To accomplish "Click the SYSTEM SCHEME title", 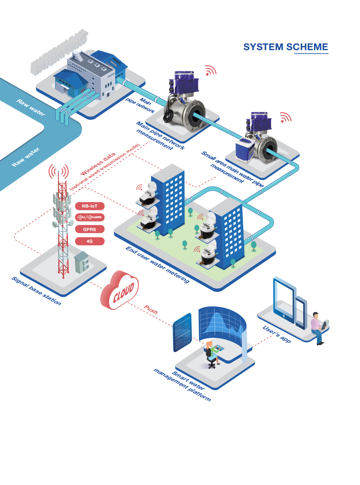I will tap(285, 47).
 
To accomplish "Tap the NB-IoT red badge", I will tap(90, 206).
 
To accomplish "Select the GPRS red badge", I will tap(90, 229).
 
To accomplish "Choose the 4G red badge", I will tap(90, 241).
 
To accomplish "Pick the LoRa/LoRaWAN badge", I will tap(90, 217).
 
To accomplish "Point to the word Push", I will tap(151, 309).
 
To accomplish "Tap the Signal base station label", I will tap(36, 290).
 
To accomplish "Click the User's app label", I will tap(277, 334).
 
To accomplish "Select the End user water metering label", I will tap(157, 264).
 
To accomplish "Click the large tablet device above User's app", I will tap(284, 298).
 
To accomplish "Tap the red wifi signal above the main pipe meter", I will tap(210, 70).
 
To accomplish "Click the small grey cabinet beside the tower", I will tap(81, 262).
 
